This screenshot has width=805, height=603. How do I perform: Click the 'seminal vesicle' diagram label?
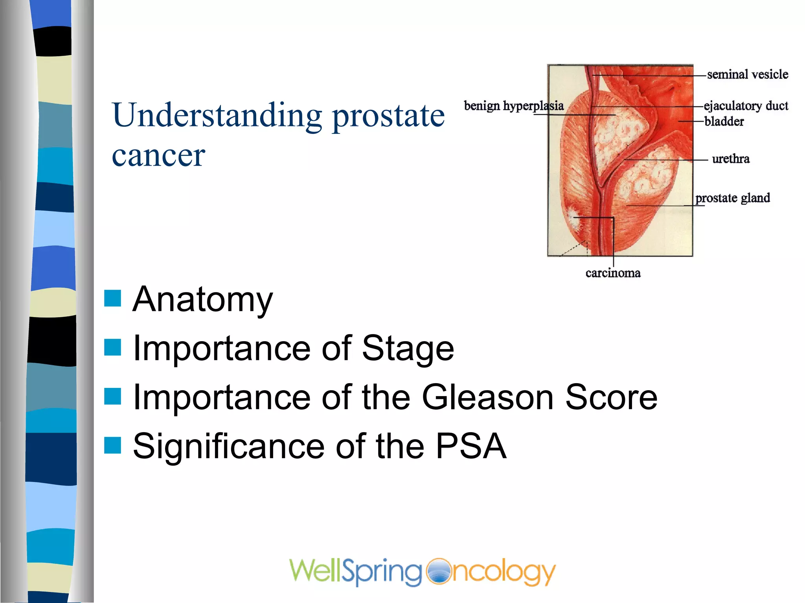pos(747,74)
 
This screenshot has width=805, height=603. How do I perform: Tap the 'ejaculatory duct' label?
pos(746,106)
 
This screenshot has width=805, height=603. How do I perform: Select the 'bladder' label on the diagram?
pos(724,121)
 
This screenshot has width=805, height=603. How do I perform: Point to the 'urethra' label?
pos(731,159)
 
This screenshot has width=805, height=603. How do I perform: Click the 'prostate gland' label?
pos(733,197)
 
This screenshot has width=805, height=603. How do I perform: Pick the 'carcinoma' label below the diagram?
pos(613,273)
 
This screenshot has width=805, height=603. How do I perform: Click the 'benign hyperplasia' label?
pos(514,106)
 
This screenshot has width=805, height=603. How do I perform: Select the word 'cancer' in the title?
pos(158,155)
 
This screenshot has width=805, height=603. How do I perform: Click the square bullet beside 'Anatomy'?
pos(112,298)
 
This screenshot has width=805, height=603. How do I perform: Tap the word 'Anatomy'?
pos(202,300)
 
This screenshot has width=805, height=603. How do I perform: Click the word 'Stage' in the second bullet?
pos(408,349)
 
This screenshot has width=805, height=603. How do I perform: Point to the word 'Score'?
pos(611,397)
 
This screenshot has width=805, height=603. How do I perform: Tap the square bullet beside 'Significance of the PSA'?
pos(112,445)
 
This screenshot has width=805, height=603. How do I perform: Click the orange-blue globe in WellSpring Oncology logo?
pos(439,571)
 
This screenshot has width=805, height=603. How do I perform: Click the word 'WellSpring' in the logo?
pos(356,572)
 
